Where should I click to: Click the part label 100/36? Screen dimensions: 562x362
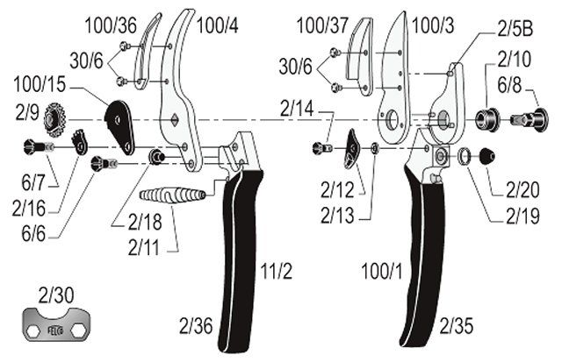[111, 25]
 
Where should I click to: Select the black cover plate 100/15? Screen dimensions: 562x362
[119, 127]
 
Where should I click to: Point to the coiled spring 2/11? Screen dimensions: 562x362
[172, 195]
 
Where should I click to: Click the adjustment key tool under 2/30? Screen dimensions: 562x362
[56, 324]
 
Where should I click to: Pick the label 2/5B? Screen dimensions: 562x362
[515, 29]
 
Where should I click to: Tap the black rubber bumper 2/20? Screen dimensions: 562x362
[486, 156]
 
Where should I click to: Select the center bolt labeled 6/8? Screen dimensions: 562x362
[530, 118]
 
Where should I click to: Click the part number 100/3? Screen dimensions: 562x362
[433, 25]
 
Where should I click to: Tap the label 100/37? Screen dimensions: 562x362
[322, 25]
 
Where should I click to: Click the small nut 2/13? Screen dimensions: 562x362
[375, 148]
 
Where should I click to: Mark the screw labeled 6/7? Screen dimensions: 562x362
[39, 146]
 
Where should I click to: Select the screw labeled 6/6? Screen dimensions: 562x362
[104, 164]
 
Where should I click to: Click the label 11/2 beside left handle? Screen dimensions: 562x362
[276, 271]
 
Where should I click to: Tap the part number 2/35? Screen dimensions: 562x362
[457, 326]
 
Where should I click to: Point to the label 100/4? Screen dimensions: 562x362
[217, 25]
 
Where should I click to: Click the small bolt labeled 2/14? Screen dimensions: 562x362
[322, 148]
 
